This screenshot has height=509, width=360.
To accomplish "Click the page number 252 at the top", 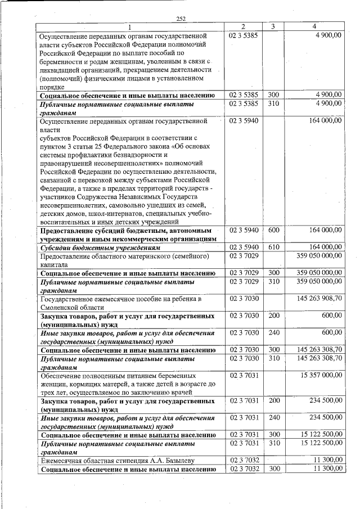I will [x=181, y=19].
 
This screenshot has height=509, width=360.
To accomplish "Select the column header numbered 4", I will [x=314, y=26].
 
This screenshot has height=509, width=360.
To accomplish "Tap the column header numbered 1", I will [x=130, y=26].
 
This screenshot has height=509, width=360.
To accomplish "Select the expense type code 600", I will [x=274, y=230].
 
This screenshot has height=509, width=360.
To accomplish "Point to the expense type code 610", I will [x=274, y=247].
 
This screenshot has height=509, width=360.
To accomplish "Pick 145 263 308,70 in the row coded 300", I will [x=319, y=350].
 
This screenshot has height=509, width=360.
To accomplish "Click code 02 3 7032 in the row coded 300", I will [x=244, y=469].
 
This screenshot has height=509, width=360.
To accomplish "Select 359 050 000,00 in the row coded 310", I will [x=319, y=281].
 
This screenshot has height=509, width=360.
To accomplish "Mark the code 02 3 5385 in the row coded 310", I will [x=244, y=103].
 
